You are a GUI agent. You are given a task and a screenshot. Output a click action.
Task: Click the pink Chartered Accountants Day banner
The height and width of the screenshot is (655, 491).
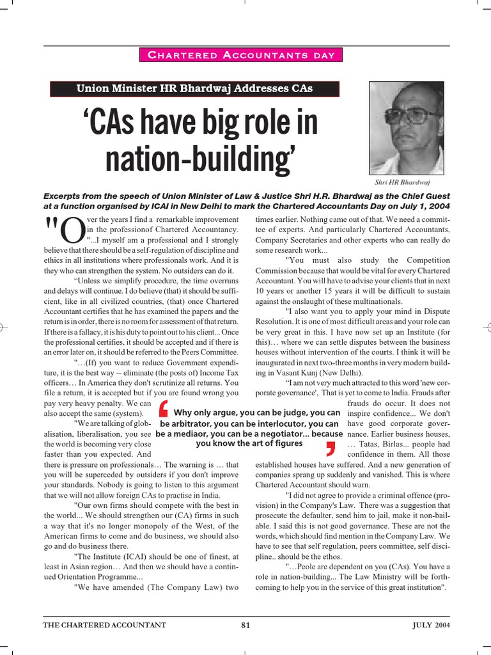click(241, 55)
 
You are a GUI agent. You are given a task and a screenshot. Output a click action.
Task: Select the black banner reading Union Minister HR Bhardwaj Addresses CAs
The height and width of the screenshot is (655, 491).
click(194, 88)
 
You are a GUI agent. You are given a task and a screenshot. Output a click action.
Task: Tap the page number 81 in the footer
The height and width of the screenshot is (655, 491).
click(245, 625)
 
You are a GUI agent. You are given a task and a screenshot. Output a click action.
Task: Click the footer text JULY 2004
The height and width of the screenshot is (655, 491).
click(431, 625)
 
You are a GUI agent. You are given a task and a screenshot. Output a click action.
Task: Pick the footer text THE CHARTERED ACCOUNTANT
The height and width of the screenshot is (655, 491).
click(104, 625)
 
